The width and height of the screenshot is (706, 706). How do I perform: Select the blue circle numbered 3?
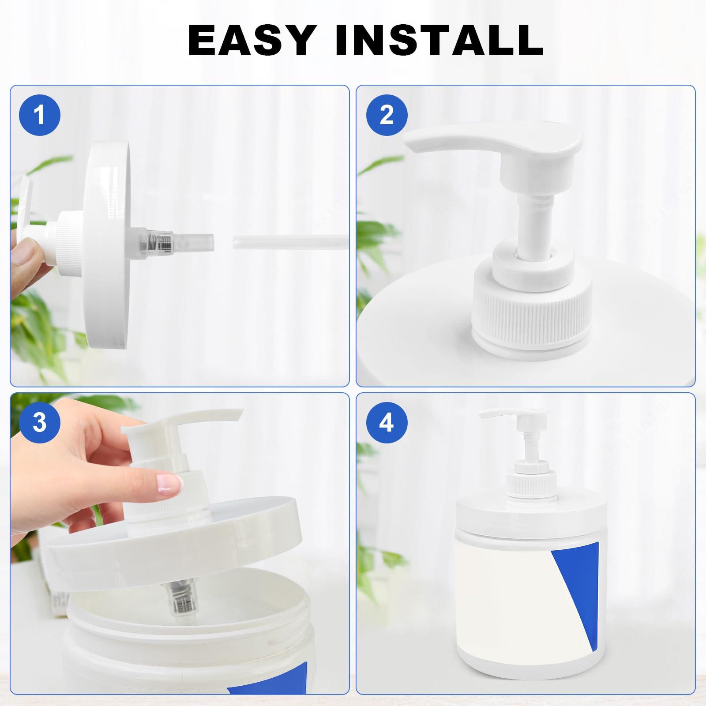[x=40, y=423]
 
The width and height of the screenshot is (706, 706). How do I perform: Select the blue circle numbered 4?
[x=387, y=423]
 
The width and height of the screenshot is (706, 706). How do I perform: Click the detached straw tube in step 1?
[x=290, y=243]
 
